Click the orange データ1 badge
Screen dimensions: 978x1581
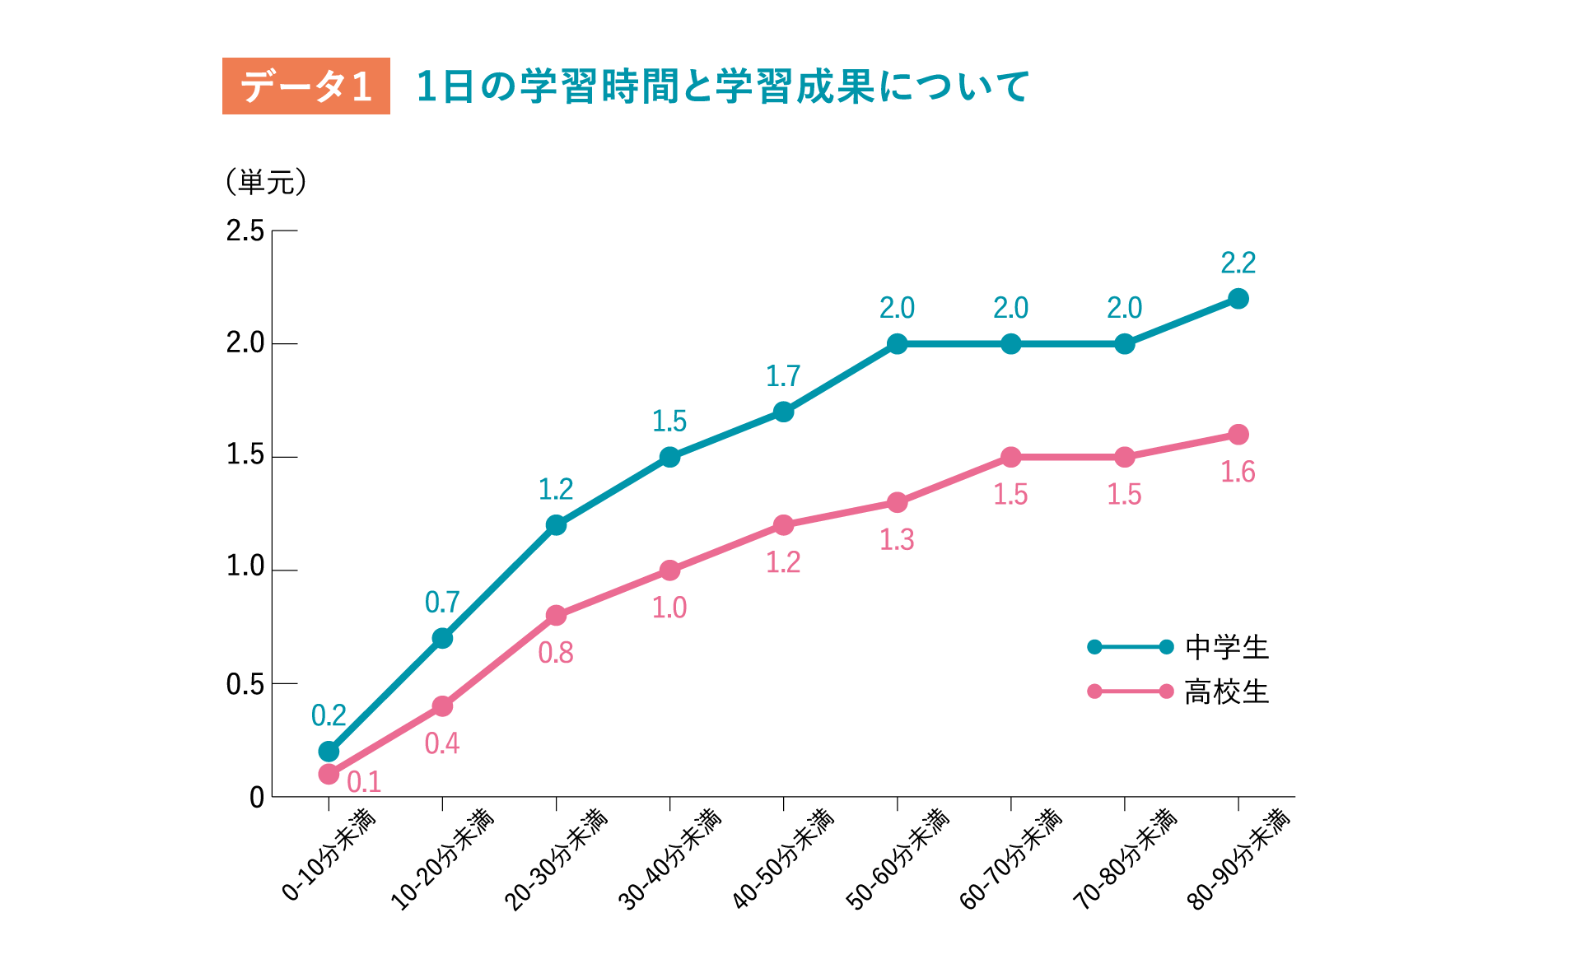point(305,86)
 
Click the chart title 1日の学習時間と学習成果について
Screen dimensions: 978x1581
point(722,86)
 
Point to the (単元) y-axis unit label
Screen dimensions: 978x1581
point(266,182)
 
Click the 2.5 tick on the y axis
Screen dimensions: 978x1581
point(245,231)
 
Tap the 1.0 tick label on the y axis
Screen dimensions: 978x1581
point(245,567)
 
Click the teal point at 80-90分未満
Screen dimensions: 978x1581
point(1238,299)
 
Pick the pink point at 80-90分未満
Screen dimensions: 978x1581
point(1238,435)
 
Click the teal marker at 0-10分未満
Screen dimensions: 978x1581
point(329,752)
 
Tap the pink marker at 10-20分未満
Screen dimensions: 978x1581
point(442,706)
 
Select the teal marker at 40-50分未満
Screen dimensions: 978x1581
point(783,412)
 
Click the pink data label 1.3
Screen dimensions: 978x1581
point(897,540)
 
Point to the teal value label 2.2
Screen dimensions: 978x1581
point(1238,263)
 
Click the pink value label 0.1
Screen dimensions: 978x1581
point(364,782)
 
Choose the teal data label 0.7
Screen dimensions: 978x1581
point(442,603)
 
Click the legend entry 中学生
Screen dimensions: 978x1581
point(1226,648)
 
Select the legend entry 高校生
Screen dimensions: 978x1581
point(1226,692)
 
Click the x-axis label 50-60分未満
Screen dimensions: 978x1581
point(898,859)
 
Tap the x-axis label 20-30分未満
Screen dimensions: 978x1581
point(556,859)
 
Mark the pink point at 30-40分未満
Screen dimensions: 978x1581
point(669,570)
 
